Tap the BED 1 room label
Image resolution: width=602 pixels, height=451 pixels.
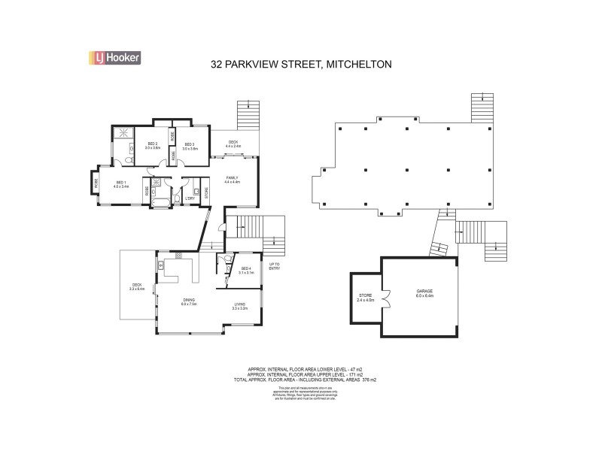(x=122, y=183)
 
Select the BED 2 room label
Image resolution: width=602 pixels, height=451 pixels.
(x=152, y=145)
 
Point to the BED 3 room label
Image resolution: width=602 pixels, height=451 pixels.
(x=189, y=145)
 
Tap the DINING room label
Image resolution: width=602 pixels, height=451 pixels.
(x=189, y=302)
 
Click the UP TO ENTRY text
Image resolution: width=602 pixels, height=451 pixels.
(x=275, y=267)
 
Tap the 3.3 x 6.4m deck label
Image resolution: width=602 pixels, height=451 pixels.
(x=137, y=286)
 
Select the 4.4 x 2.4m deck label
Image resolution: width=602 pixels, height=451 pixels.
(x=233, y=144)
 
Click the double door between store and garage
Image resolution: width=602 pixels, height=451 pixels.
(x=384, y=298)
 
